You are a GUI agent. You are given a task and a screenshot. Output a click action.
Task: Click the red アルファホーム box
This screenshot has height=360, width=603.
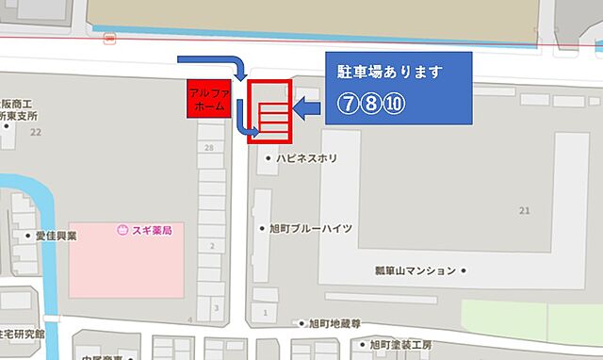tap(207, 99)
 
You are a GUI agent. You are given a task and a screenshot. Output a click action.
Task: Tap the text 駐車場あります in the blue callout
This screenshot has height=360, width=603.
tap(389, 72)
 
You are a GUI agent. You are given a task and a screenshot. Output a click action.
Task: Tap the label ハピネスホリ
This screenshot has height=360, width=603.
tap(307, 159)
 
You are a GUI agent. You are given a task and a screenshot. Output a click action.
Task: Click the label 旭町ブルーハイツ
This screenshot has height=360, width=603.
tap(311, 228)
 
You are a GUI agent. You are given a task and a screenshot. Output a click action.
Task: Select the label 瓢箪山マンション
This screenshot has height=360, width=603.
tap(416, 270)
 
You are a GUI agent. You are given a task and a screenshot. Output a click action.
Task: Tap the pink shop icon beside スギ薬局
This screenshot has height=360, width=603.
tap(122, 229)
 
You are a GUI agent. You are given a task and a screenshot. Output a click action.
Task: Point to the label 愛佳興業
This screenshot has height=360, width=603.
tap(57, 237)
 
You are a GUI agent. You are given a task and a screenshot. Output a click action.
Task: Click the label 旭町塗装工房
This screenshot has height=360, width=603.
tap(401, 344)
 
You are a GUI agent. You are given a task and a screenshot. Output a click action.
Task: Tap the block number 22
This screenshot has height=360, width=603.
tap(37, 133)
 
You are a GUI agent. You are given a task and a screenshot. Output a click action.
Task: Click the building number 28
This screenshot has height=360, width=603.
tap(207, 148)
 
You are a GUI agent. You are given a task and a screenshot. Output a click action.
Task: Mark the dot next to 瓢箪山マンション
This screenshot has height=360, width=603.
tap(464, 270)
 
